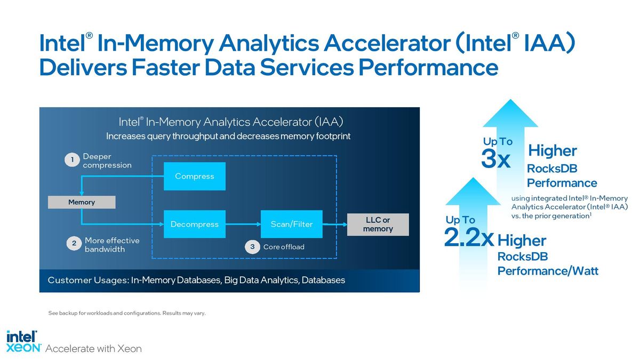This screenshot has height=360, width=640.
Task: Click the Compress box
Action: pos(195,177)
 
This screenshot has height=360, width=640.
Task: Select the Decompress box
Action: pos(195,225)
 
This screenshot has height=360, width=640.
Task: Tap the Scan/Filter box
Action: pos(292,225)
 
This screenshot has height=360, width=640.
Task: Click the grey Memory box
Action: pos(82,202)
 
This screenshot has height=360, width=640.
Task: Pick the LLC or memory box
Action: pos(378,225)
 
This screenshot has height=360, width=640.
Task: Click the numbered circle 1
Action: pos(73,159)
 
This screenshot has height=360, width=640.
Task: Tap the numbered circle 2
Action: pos(74,243)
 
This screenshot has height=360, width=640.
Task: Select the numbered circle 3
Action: pos(252,246)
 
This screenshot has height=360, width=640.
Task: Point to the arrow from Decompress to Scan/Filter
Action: pos(243,225)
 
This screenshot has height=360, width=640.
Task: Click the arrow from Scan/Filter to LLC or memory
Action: pos(335,225)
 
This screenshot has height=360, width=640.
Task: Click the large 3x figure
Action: pos(495,159)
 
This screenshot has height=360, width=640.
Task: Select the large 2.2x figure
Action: pos(469,237)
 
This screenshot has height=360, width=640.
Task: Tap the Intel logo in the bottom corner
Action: pos(22,337)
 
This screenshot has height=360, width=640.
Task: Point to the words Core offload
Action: pos(284,247)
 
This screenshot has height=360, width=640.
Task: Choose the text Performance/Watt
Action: pos(548,271)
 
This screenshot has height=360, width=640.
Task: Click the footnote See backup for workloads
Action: pos(127,313)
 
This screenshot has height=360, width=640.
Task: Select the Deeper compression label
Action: pos(107,161)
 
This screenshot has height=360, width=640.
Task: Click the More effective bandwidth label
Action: pos(112,245)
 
